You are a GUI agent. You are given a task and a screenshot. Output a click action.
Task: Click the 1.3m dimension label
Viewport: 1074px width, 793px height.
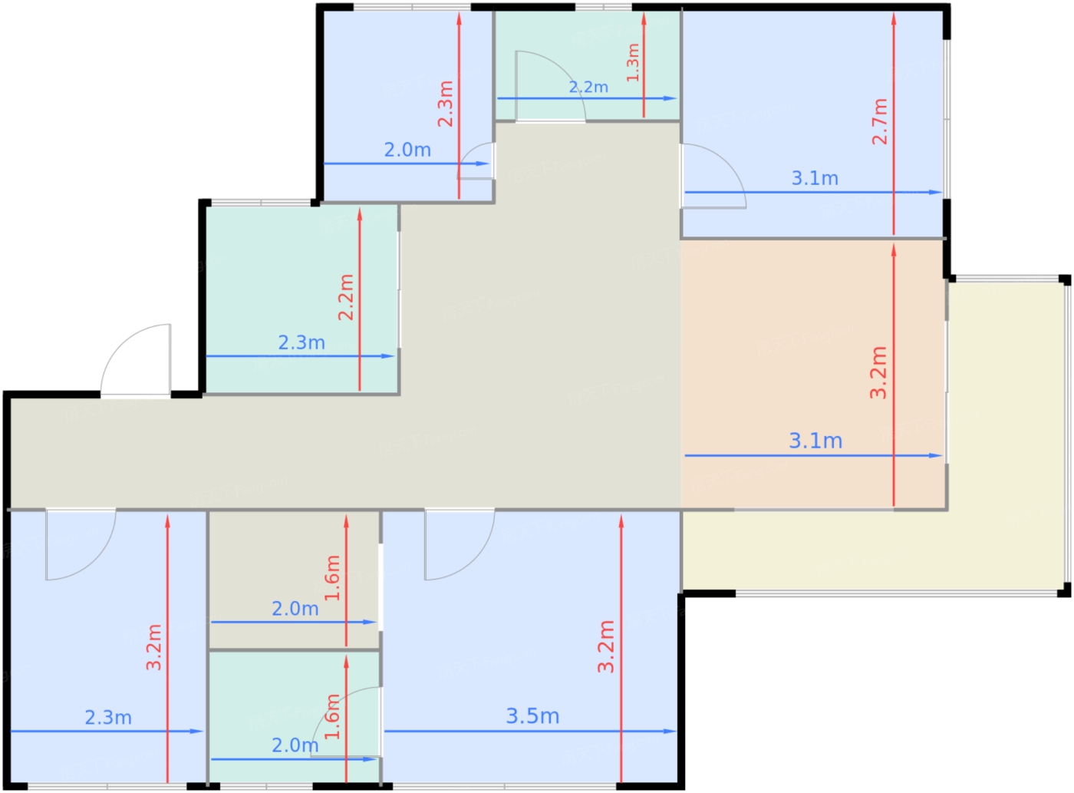tap(632, 62)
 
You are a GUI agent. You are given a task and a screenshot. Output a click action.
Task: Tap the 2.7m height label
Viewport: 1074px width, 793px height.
tap(879, 121)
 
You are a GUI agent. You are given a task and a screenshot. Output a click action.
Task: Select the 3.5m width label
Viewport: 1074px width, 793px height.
tap(532, 716)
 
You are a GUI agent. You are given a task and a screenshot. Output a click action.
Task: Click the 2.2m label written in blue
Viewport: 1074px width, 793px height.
tap(588, 88)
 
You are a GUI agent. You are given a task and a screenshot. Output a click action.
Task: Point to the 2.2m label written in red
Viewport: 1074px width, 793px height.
tap(346, 297)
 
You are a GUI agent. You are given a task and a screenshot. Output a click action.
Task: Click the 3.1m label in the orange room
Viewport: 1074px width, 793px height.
tap(815, 441)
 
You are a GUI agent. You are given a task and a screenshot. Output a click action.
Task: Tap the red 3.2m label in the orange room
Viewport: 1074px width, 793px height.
tap(878, 372)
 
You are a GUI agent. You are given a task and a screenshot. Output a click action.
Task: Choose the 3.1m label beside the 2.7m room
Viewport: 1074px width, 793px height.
tap(815, 178)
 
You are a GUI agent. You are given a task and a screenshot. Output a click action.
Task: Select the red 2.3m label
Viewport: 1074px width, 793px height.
tap(445, 104)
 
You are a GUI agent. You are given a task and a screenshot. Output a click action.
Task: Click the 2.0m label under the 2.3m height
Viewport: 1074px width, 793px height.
tap(407, 150)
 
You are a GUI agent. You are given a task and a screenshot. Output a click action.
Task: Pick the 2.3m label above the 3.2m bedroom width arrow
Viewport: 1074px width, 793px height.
tap(108, 718)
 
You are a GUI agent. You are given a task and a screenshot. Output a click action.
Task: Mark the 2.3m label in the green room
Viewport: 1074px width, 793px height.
tap(301, 342)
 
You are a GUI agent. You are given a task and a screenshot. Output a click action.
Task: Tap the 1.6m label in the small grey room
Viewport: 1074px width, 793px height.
tap(331, 578)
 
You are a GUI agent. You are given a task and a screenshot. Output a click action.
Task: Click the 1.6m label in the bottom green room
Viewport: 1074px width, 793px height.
tap(331, 716)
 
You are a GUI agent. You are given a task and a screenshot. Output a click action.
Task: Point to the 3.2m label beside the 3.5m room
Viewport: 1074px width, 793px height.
tap(605, 646)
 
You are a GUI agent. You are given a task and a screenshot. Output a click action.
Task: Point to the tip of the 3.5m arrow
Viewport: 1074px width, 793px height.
tap(677, 732)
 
